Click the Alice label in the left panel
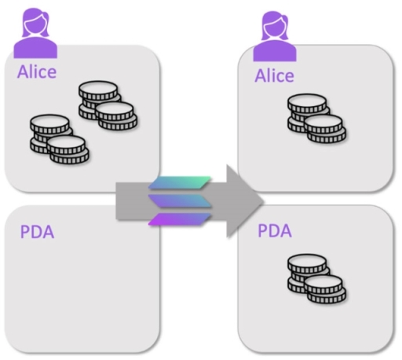tap(37, 72)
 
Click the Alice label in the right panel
tap(275, 75)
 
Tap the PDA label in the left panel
tap(37, 232)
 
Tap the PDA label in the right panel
tap(275, 230)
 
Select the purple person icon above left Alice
tap(35, 33)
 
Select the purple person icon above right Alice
tap(275, 36)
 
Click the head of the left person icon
tap(35, 23)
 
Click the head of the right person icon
tap(274, 26)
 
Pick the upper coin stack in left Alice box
tap(108, 105)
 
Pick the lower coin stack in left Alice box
tap(60, 139)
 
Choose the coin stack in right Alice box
tap(316, 119)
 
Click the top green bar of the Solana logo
tap(180, 182)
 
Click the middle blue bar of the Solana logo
tap(180, 201)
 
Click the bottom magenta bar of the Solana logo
tap(180, 219)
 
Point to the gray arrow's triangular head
tap(242, 201)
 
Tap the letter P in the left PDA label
tap(25, 232)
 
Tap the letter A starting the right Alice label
tap(261, 75)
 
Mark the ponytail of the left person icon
tap(46, 22)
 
